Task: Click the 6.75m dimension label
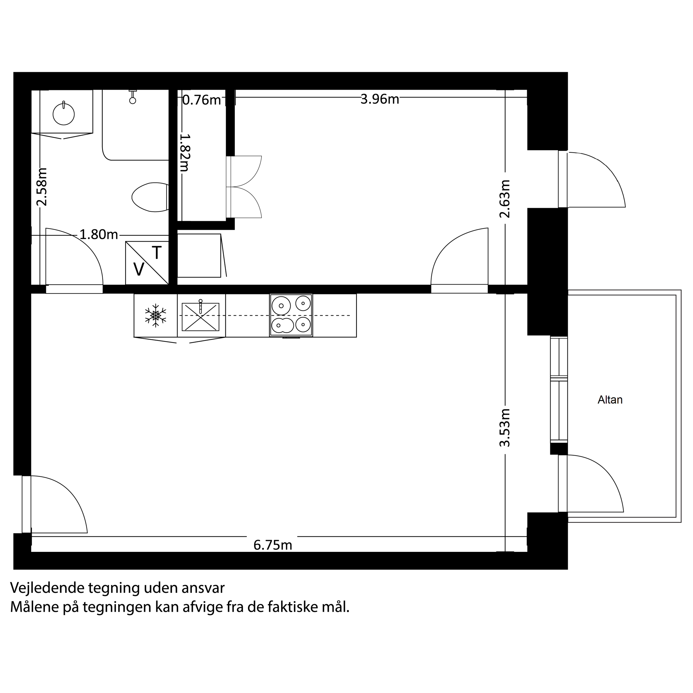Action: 273,545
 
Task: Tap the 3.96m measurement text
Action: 380,99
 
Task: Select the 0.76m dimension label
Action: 201,100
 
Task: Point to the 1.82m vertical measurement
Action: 184,153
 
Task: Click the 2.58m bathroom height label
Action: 42,186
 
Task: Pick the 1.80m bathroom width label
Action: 98,235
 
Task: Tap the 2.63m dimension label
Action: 505,199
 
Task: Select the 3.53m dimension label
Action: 505,428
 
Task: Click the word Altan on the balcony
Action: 610,400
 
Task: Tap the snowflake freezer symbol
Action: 156,316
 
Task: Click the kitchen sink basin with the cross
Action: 201,317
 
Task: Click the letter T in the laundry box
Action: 157,253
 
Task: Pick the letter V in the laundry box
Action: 139,269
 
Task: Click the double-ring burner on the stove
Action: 283,325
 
